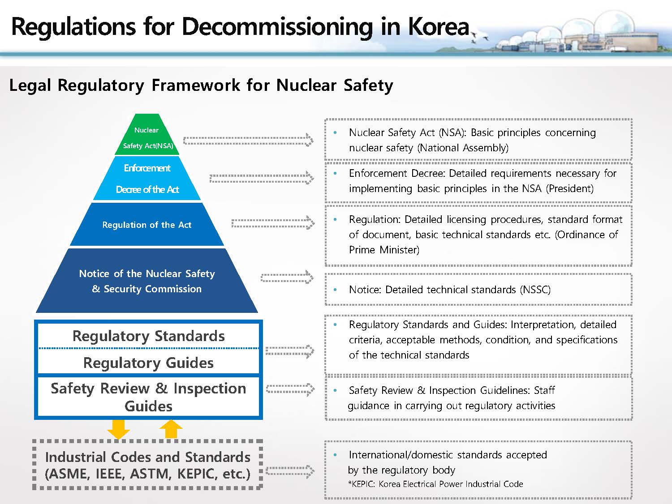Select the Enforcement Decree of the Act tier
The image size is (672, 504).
click(x=147, y=179)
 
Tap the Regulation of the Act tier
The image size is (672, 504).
click(x=147, y=225)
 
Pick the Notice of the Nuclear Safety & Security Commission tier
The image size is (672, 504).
click(x=147, y=281)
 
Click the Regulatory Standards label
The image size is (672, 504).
click(x=148, y=336)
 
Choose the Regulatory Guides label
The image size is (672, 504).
click(x=148, y=363)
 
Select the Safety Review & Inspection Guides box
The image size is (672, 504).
click(x=148, y=397)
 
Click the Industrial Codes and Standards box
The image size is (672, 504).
click(x=148, y=465)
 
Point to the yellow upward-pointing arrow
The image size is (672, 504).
click(x=171, y=429)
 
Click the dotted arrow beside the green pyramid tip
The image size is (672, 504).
click(x=248, y=140)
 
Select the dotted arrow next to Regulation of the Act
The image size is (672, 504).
click(x=273, y=222)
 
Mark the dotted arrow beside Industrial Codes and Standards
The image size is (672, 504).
click(x=290, y=471)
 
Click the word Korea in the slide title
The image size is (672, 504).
click(x=438, y=26)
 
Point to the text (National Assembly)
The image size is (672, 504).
click(x=463, y=148)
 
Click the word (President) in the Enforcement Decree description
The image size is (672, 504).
click(x=569, y=188)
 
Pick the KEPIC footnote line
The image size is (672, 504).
click(x=435, y=484)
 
